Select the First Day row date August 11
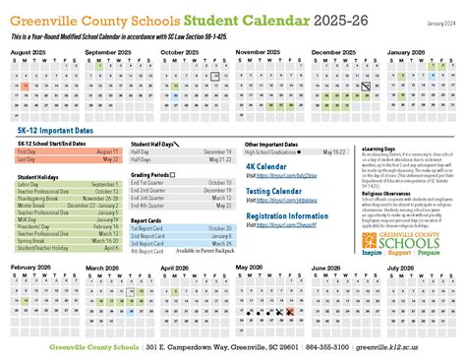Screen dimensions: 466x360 tap(108, 152)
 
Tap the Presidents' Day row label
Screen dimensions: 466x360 tap(33, 198)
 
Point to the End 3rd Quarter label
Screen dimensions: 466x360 tap(150, 197)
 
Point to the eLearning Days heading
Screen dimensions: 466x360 tap(380, 144)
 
